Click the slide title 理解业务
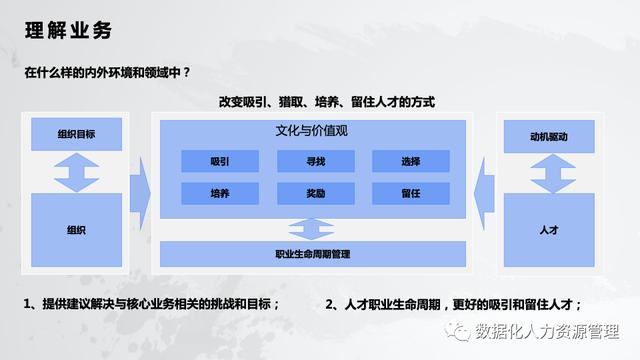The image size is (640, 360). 68,30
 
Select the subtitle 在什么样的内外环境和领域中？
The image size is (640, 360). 108,73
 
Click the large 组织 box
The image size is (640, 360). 76,230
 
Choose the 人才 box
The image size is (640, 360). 549,230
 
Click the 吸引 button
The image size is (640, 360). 220,161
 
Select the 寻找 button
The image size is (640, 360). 316,161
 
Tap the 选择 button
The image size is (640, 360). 410,161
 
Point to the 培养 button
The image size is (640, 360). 220,194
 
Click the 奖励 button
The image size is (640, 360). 316,194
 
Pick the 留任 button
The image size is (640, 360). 410,194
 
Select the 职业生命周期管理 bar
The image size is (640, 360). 313,254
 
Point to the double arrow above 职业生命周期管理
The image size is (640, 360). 311,228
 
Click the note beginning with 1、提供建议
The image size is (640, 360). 151,304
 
